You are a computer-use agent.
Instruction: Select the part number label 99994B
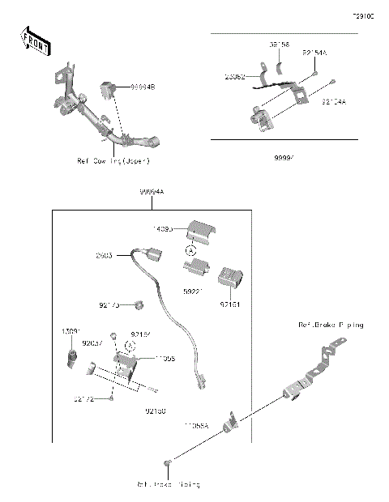point(143,85)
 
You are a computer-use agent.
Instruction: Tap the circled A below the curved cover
point(190,251)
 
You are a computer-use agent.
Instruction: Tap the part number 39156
point(280,47)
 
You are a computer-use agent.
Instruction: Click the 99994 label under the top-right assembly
point(283,160)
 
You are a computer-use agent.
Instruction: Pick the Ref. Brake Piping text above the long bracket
point(331,325)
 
